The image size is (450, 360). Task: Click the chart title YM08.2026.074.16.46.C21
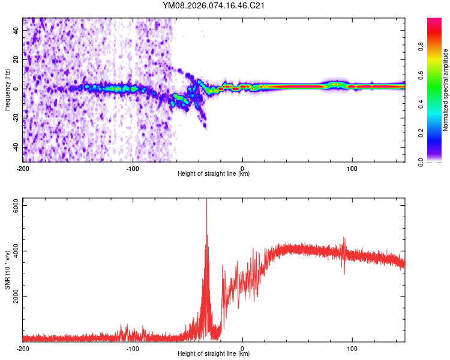click(214, 6)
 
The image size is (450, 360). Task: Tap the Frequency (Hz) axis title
click(8, 89)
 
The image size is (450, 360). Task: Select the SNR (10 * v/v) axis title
click(8, 269)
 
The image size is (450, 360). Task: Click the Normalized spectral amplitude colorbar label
click(446, 89)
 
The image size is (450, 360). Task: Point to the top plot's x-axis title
click(214, 174)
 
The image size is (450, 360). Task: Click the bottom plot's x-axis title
click(214, 354)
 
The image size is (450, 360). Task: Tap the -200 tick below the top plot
click(23, 168)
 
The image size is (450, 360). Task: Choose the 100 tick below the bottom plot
click(352, 348)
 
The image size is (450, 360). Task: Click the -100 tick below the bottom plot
click(133, 348)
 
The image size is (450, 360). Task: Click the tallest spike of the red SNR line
click(206, 200)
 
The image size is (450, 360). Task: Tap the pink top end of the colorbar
click(434, 22)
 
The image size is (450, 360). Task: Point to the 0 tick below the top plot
click(242, 168)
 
